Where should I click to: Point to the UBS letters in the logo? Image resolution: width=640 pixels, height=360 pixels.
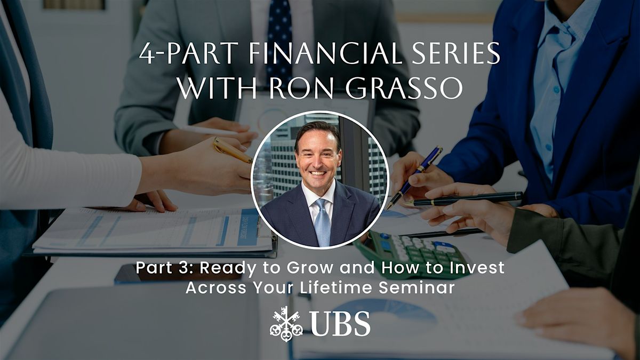click(x=339, y=324)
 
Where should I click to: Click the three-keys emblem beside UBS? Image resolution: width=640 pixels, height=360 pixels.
click(x=286, y=324)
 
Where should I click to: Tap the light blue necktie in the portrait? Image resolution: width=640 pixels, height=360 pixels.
click(x=322, y=222)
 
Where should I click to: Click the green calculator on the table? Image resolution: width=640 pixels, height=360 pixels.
click(x=411, y=251)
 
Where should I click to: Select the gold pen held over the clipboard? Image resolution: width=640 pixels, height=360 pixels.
click(x=231, y=150)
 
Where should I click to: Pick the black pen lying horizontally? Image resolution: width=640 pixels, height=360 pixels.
click(x=463, y=199)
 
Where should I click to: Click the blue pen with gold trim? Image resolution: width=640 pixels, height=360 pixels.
click(x=414, y=177)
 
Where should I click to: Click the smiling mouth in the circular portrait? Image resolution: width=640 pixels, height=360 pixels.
click(x=318, y=173)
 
